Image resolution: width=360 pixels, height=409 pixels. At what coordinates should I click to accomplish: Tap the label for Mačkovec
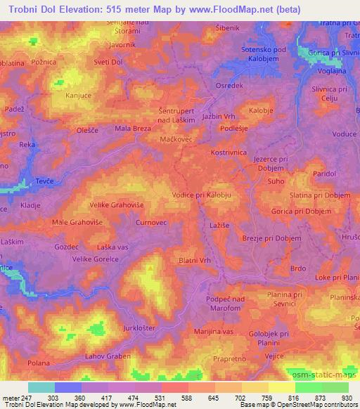(x=176, y=139)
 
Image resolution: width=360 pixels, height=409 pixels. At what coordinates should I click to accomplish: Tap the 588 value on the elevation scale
(x=188, y=397)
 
